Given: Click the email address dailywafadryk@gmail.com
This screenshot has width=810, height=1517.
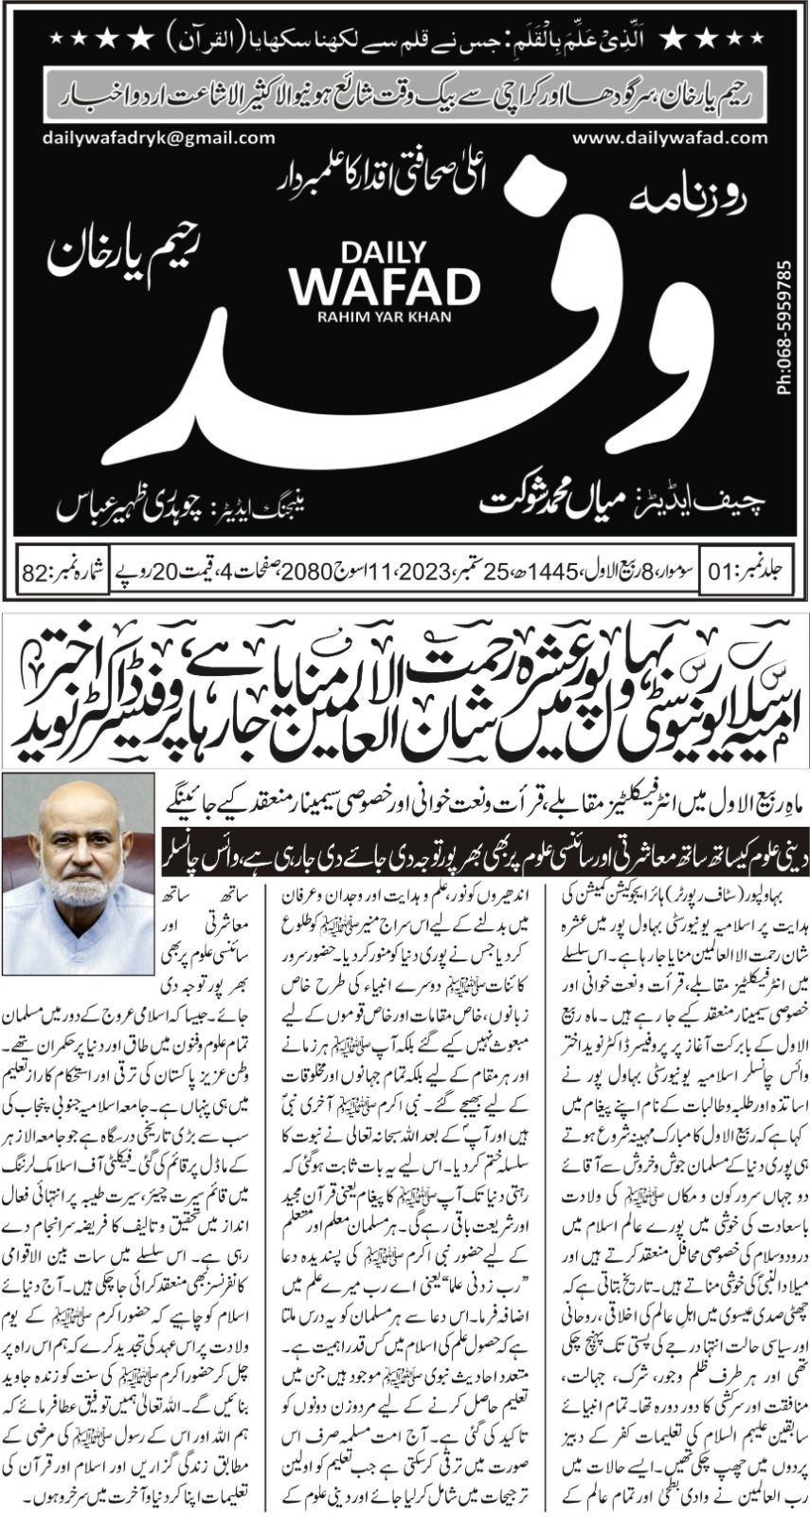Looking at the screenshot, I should pyautogui.click(x=158, y=137).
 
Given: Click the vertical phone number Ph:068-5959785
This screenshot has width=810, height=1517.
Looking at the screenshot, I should pyautogui.click(x=784, y=328).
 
